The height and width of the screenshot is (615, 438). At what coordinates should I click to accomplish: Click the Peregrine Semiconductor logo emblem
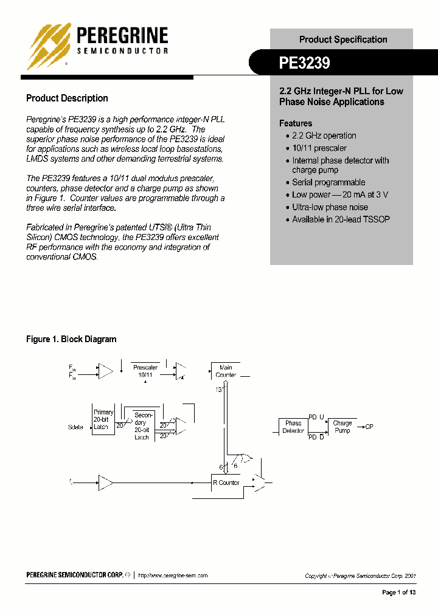pos(50,46)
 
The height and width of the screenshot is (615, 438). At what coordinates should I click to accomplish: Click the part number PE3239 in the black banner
pos(304,63)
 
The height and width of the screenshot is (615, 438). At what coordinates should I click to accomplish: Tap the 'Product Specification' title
pos(342,40)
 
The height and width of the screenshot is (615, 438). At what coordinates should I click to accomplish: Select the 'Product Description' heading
pos(67,98)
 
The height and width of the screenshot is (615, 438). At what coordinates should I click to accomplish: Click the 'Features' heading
pos(296,123)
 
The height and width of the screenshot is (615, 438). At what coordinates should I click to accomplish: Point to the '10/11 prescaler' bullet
pos(319,148)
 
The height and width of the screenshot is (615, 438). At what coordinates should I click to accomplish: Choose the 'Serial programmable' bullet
pos(328,182)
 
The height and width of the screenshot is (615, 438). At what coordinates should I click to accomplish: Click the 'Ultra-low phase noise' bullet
pos(330,207)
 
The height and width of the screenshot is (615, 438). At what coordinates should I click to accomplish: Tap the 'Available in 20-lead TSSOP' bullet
pos(341,219)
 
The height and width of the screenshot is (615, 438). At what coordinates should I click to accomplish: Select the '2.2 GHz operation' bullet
pos(324,136)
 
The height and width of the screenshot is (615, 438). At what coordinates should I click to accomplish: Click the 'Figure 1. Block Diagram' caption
pos(71,339)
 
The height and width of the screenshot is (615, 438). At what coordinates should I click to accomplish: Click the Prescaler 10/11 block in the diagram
pos(145,371)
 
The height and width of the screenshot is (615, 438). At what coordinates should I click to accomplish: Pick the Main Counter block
pos(225,371)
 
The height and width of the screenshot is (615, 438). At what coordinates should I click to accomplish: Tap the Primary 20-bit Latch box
pos(103,419)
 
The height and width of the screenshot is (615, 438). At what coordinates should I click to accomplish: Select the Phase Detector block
pos(293,427)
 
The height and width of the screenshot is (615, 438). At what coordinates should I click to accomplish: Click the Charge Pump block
pos(342,427)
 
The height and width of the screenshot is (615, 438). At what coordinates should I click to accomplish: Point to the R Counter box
pos(226,483)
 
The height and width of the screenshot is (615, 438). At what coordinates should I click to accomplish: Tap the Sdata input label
pos(75,427)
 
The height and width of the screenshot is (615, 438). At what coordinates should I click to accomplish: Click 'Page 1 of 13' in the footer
pos(398,593)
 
